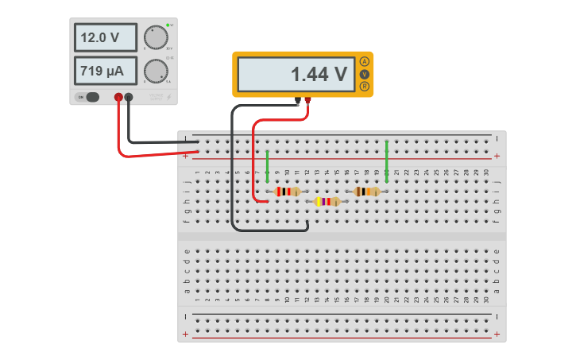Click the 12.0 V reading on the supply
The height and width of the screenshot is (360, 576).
99,37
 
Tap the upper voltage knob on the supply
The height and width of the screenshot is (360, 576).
155,37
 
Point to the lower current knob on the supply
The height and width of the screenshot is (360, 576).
155,71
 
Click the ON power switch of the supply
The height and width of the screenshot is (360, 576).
88,97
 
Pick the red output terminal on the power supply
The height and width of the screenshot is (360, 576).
118,97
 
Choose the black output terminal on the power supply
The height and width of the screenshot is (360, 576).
129,97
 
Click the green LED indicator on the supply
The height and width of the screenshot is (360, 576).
168,25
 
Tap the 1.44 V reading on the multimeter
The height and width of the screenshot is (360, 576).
318,75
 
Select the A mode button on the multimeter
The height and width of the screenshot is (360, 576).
365,61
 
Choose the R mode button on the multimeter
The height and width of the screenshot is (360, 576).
365,86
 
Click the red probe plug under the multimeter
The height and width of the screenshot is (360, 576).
307,100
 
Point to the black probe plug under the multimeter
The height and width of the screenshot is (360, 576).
298,100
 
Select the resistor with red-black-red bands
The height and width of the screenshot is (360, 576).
287,192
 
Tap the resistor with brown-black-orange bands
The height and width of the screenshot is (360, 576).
366,192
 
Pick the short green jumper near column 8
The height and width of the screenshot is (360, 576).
268,162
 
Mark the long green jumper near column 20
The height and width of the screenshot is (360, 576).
386,162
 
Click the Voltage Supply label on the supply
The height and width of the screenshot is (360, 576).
156,97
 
